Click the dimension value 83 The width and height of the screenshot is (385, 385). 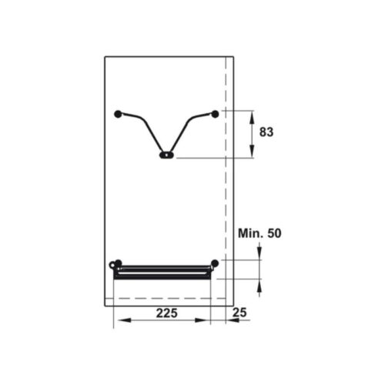266,132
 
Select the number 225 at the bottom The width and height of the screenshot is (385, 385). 168,313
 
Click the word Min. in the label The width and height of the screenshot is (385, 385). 251,233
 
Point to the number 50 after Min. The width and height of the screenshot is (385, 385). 274,233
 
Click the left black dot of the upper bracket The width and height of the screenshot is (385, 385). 118,114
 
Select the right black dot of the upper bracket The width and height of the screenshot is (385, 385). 215,114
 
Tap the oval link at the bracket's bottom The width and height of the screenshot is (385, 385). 166,155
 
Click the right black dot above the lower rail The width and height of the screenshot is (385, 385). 215,263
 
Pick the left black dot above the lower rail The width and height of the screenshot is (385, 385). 118,263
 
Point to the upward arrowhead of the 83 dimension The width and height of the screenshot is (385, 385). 253,114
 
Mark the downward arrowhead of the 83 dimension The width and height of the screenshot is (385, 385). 253,154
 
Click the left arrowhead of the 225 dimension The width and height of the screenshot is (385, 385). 117,320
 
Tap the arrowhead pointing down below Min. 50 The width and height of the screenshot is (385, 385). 259,256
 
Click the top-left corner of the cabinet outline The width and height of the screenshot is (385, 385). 105,56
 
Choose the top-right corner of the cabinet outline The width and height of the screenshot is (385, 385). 233,56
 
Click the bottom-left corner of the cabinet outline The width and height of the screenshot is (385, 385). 105,306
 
